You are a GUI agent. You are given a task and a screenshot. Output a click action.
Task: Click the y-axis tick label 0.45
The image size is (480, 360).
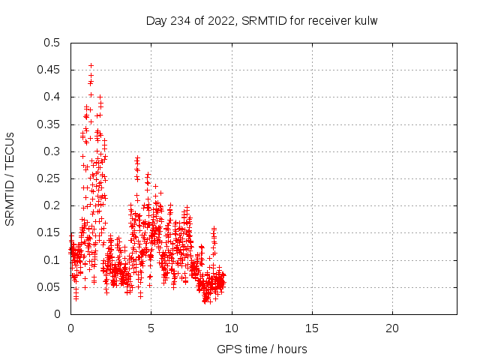pyautogui.click(x=52, y=70)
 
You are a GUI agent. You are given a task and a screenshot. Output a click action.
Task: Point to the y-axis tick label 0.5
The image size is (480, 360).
pyautogui.click(x=55, y=43)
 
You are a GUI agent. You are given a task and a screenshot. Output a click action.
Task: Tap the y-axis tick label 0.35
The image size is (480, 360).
pyautogui.click(x=52, y=124)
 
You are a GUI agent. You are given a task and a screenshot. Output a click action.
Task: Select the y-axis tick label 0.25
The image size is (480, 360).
pyautogui.click(x=52, y=178)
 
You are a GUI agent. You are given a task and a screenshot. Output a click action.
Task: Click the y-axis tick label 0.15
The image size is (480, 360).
pyautogui.click(x=52, y=232)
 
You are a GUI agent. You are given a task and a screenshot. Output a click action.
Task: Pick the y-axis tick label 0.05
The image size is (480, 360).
pyautogui.click(x=52, y=287)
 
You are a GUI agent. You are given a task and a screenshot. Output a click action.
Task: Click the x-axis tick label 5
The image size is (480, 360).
pyautogui.click(x=151, y=328)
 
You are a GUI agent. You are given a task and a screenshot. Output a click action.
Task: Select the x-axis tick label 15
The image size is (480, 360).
pyautogui.click(x=311, y=328)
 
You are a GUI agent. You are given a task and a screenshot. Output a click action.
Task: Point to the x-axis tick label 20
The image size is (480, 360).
pyautogui.click(x=391, y=328)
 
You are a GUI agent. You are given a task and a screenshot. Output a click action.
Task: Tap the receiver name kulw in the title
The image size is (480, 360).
pyautogui.click(x=366, y=20)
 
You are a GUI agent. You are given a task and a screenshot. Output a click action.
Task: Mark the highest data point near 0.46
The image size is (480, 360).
pyautogui.click(x=91, y=65)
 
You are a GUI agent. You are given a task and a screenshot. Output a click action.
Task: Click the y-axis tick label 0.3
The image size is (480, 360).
pyautogui.click(x=55, y=151)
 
